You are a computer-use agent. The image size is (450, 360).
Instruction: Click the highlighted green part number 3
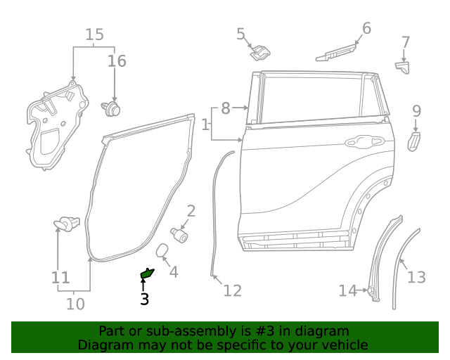(x=147, y=274)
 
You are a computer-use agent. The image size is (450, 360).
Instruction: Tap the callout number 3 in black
(x=144, y=300)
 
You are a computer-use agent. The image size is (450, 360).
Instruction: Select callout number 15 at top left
(x=94, y=34)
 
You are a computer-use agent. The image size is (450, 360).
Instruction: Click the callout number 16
(x=117, y=61)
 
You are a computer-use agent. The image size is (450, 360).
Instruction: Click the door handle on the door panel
(x=359, y=141)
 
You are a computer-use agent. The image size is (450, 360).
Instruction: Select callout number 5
(x=240, y=33)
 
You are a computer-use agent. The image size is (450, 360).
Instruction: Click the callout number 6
(x=366, y=28)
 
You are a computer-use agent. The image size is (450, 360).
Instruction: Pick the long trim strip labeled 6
(x=335, y=51)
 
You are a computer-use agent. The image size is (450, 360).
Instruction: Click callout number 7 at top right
(x=405, y=42)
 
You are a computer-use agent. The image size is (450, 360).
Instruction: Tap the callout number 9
(x=416, y=110)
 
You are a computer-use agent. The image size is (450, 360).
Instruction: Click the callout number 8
(x=225, y=108)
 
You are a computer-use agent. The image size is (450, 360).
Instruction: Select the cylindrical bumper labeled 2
(x=180, y=233)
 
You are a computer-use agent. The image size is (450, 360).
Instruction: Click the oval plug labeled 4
(x=160, y=252)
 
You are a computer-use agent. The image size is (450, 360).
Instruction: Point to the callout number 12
(x=232, y=290)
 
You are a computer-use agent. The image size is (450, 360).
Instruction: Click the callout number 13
(x=416, y=277)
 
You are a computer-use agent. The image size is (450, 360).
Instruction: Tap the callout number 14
(x=347, y=290)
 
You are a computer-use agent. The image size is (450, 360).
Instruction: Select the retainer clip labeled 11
(x=66, y=224)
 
